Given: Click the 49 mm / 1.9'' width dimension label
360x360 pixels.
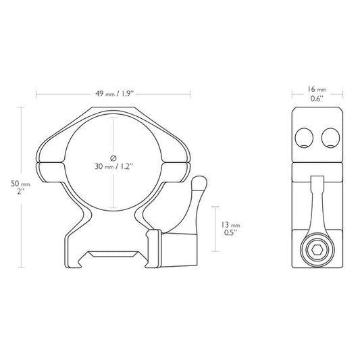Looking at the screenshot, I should [x=113, y=94].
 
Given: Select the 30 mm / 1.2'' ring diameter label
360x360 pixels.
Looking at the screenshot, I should [x=113, y=165].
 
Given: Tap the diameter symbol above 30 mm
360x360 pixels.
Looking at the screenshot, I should [x=113, y=151].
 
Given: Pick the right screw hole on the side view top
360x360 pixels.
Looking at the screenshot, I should [x=330, y=138].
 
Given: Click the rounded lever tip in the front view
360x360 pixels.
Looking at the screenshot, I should [x=199, y=183].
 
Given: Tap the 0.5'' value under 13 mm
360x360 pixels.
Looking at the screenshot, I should [x=230, y=234].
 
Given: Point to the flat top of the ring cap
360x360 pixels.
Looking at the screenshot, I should [x=113, y=109].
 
